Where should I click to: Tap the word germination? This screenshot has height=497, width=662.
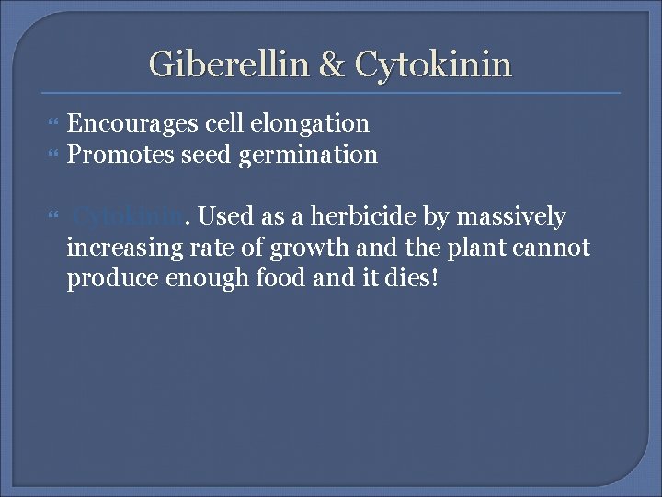pyautogui.click(x=308, y=156)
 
